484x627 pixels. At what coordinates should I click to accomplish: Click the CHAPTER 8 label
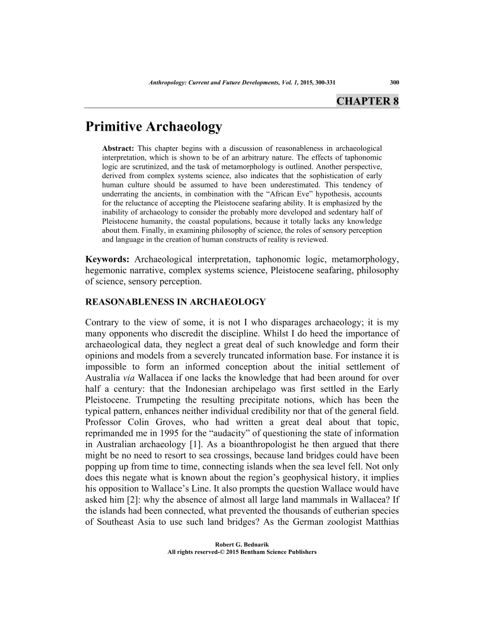[x=367, y=100]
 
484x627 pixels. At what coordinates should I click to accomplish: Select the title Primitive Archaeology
[x=154, y=126]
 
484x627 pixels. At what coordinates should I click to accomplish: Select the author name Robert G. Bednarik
[x=242, y=543]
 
